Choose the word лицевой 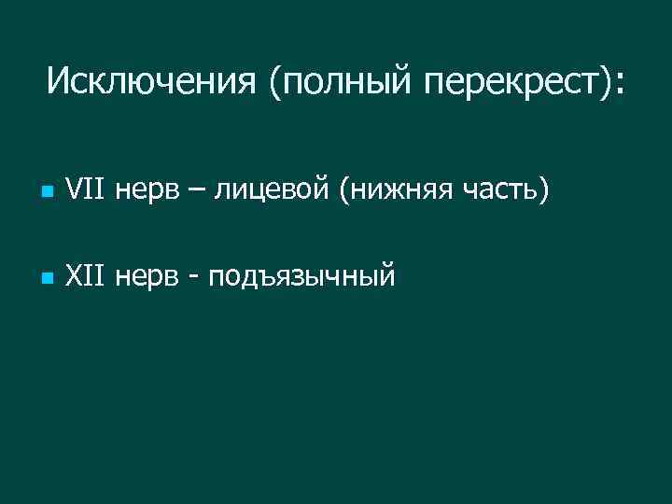click(x=272, y=194)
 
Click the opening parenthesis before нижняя click(x=345, y=194)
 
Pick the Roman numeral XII click(x=87, y=276)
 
